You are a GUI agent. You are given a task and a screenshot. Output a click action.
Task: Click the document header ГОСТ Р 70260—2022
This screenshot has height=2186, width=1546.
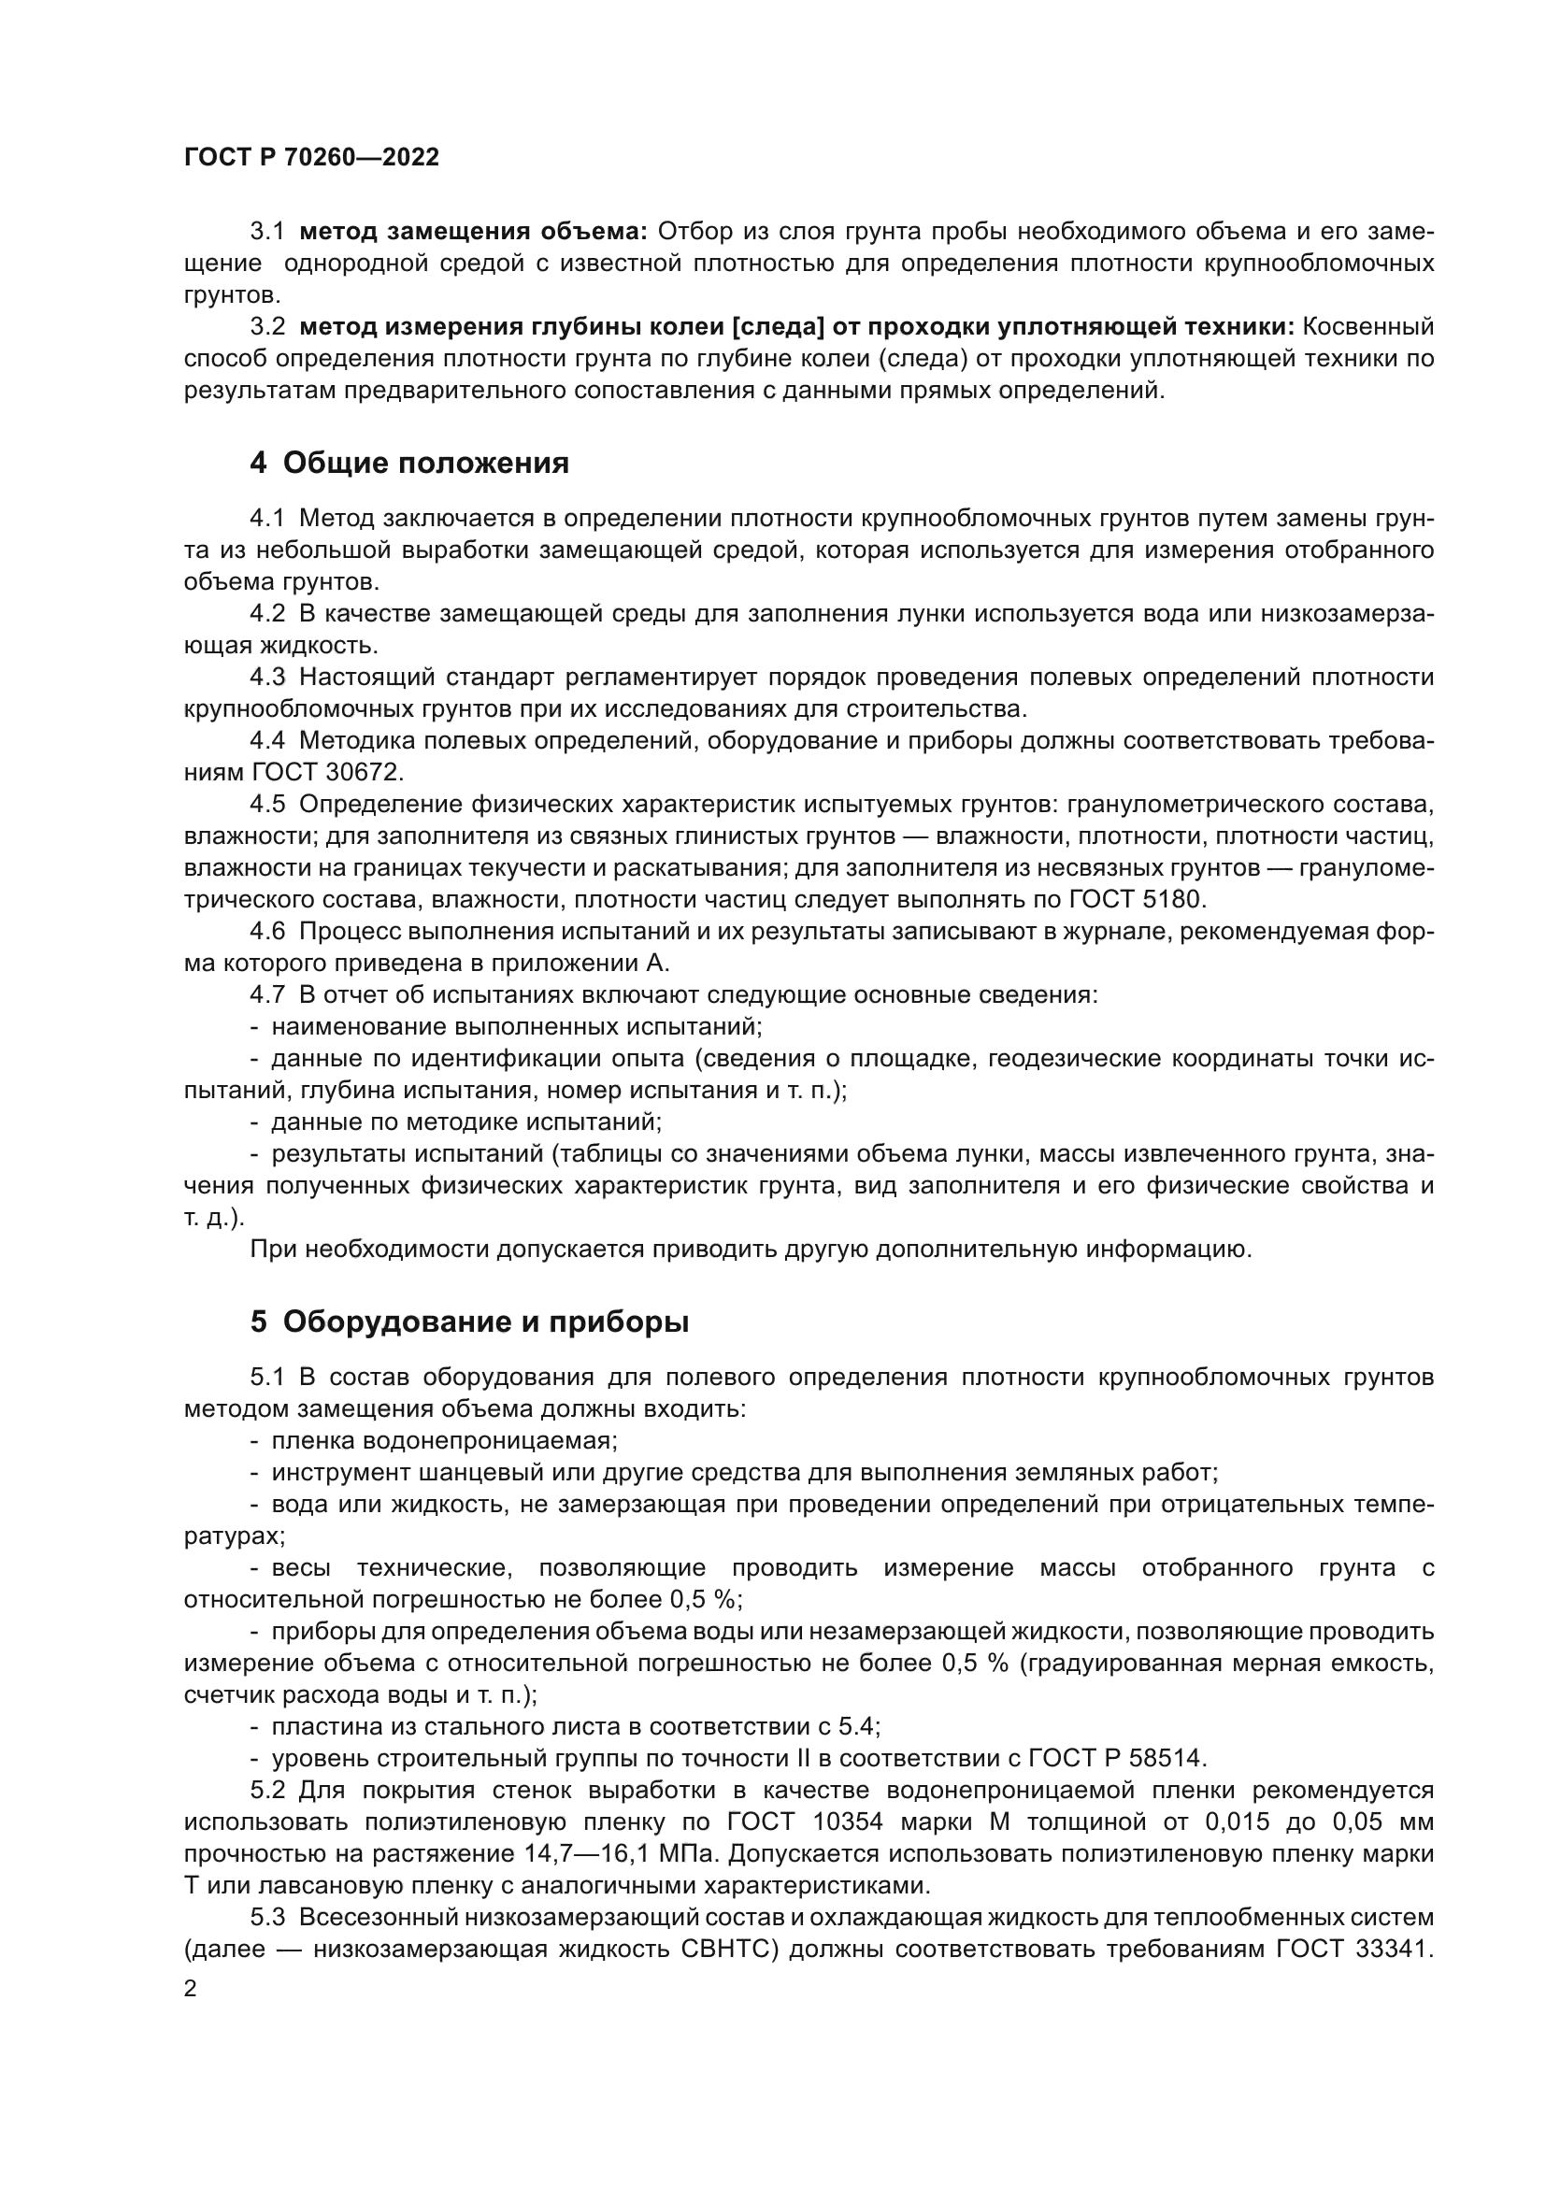click(311, 158)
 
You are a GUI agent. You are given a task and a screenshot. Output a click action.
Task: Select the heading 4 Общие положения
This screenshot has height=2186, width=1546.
click(409, 464)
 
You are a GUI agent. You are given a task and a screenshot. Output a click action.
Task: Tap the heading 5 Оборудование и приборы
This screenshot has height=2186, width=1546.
click(469, 1322)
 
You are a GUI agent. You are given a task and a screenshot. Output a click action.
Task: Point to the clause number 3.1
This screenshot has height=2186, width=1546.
click(266, 232)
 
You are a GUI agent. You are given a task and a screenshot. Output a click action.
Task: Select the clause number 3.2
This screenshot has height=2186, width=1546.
click(266, 326)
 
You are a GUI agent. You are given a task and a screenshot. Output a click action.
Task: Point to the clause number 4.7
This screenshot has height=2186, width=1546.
click(266, 995)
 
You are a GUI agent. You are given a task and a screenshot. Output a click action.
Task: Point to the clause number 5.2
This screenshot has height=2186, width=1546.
click(266, 1790)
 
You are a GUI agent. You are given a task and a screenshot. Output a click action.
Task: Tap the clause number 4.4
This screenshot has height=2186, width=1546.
click(266, 741)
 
